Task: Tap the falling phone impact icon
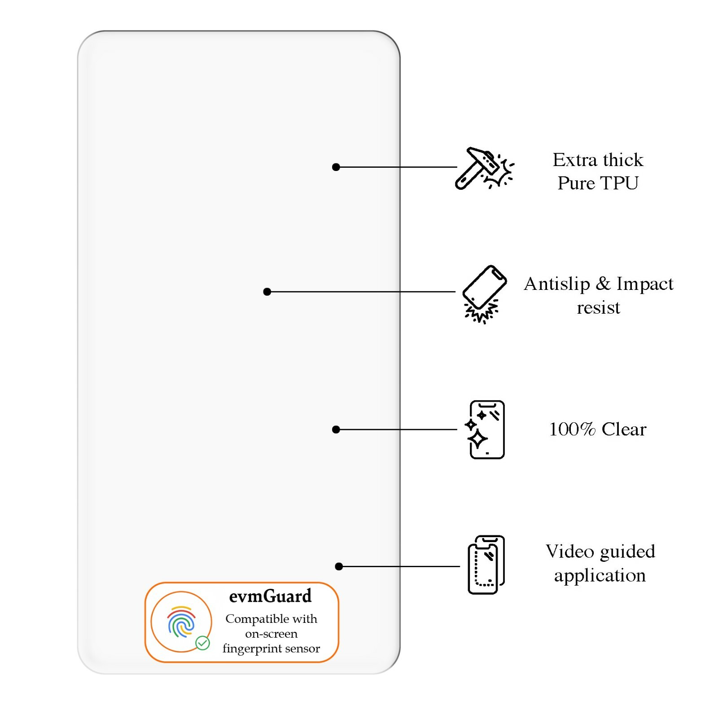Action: click(484, 293)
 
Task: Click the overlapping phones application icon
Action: click(486, 565)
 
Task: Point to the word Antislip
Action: click(556, 284)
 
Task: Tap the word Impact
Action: click(644, 284)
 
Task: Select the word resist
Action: click(598, 308)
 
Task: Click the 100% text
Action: click(572, 429)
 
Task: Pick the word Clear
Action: click(624, 429)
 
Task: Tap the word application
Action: click(600, 575)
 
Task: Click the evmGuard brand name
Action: click(270, 596)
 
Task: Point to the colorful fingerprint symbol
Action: click(181, 622)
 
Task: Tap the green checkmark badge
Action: click(202, 643)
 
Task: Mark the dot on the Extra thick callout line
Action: click(336, 167)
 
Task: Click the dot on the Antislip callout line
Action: click(267, 292)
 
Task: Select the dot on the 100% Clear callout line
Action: click(336, 429)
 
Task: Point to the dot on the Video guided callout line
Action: click(339, 566)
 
